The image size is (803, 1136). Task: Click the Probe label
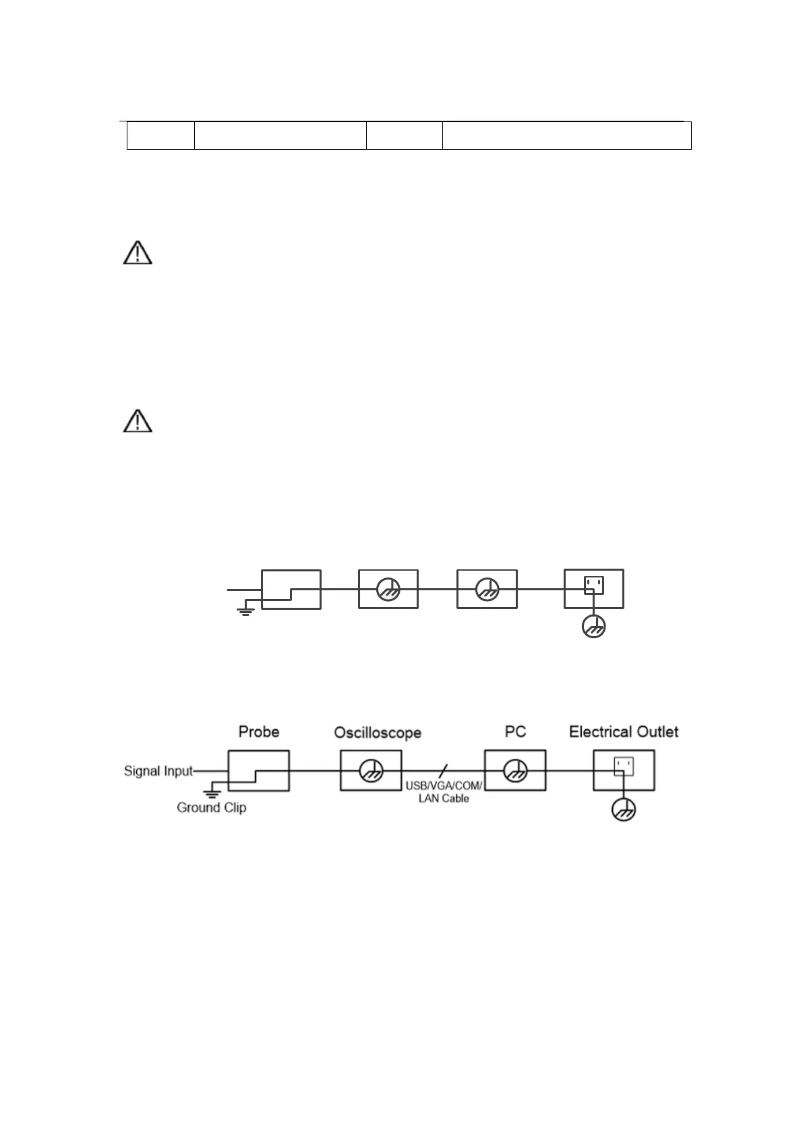tap(259, 732)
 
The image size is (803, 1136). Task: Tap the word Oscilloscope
tap(378, 733)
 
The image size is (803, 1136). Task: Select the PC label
tap(515, 732)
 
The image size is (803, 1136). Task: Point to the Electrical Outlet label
tap(624, 732)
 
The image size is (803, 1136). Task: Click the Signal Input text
tap(158, 770)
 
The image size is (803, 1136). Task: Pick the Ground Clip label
tap(211, 807)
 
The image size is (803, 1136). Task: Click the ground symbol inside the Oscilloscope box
tap(370, 770)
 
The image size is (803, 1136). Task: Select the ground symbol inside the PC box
tap(515, 770)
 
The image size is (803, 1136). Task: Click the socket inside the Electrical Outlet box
tap(624, 766)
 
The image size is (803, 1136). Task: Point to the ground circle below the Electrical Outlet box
tap(624, 810)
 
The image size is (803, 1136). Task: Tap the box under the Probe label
tap(259, 770)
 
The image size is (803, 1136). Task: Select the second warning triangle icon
tap(138, 420)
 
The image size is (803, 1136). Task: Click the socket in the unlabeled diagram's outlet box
tap(593, 584)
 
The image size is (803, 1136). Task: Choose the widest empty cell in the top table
tap(566, 136)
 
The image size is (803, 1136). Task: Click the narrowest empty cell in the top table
tap(160, 136)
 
